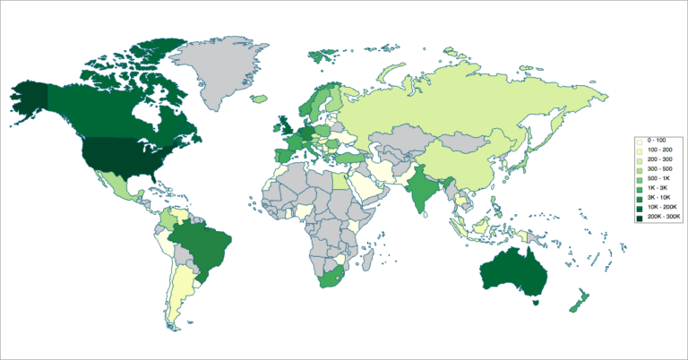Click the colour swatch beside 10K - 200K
pos(640,206)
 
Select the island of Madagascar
pos(368,260)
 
